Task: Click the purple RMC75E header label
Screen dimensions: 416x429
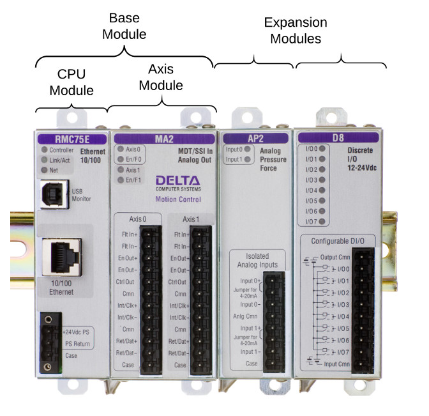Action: pos(71,137)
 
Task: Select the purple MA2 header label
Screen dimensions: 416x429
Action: pos(162,137)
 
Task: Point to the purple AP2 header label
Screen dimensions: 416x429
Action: pos(255,137)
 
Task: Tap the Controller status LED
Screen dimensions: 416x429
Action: pos(44,150)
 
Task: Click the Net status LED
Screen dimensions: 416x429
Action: pos(44,171)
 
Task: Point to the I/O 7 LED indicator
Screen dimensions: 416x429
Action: pos(323,222)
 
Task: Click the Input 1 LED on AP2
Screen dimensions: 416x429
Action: pos(248,160)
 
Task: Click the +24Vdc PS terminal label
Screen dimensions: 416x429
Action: pos(78,332)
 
